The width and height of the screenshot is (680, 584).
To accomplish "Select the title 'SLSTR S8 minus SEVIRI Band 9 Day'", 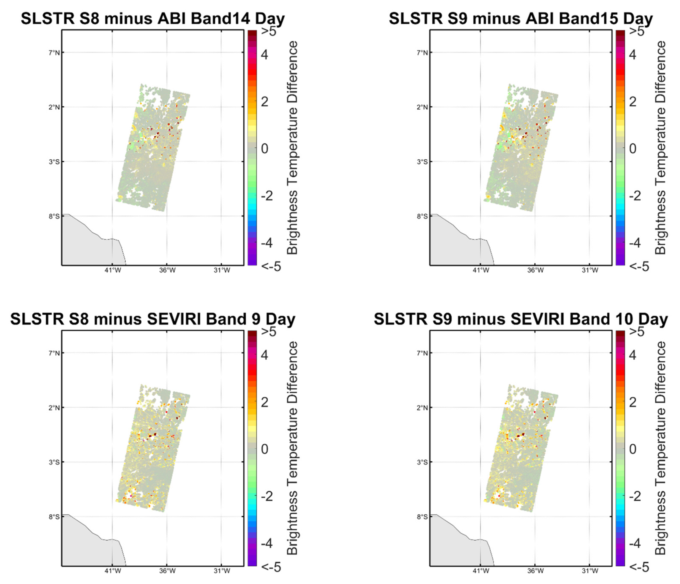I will click(x=153, y=319).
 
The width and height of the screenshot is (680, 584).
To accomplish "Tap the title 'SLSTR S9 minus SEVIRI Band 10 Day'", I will click(x=521, y=319).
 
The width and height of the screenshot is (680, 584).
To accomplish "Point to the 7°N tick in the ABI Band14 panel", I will click(x=54, y=53).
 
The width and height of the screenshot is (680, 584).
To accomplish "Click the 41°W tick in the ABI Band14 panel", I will click(x=113, y=271).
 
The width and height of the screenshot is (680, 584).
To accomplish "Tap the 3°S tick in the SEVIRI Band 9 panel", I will click(x=54, y=462).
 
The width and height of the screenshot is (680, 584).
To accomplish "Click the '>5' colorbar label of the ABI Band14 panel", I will click(x=268, y=32).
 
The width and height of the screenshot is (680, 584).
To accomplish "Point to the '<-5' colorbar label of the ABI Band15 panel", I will click(x=639, y=266).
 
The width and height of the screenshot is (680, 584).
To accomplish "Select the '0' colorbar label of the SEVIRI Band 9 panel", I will click(x=265, y=449).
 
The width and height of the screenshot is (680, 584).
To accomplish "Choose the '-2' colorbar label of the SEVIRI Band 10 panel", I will click(x=635, y=496).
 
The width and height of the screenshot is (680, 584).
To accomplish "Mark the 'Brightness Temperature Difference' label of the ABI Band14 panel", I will click(x=292, y=148).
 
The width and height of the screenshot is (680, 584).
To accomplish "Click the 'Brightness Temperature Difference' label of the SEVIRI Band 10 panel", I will click(x=660, y=448).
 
